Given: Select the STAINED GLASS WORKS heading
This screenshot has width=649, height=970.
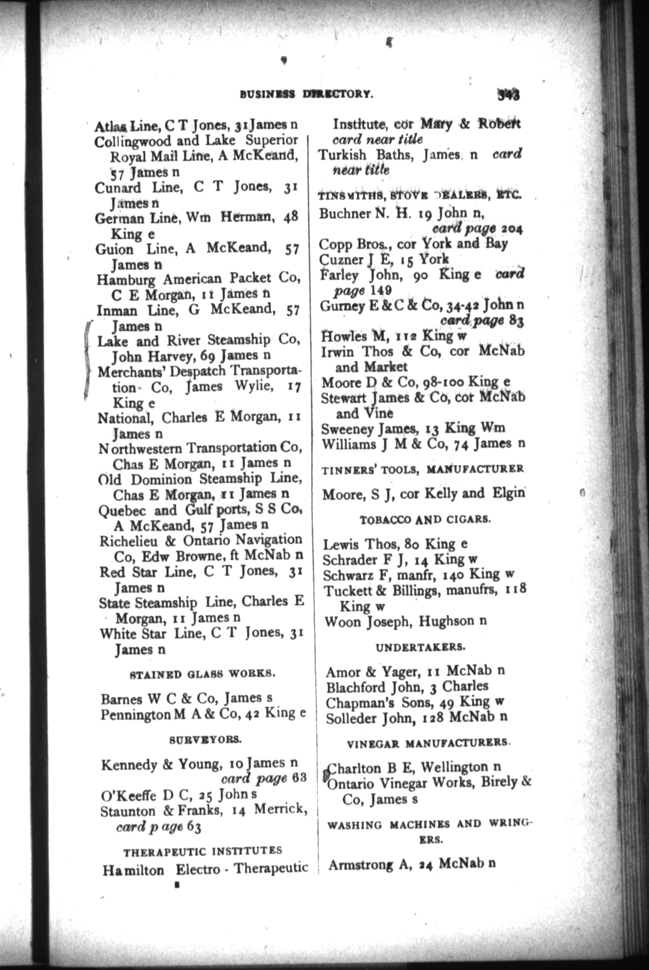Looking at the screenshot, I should [x=202, y=673].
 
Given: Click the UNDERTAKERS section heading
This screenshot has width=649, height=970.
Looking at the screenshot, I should [x=420, y=647].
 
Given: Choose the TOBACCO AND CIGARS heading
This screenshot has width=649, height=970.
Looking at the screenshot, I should [x=425, y=520].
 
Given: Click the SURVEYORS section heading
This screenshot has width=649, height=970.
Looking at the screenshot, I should [x=204, y=740].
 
